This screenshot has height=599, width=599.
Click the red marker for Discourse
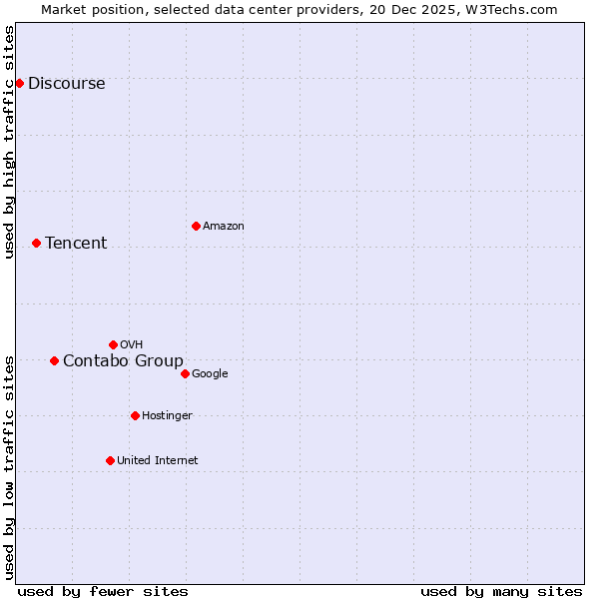(x=19, y=83)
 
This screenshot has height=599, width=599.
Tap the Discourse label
(x=66, y=84)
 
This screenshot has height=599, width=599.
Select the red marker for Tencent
(x=36, y=243)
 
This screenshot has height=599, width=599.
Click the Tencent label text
(x=76, y=244)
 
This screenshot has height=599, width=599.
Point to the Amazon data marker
(x=196, y=226)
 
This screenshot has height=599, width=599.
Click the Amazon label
(x=224, y=227)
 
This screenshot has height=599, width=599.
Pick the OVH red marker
(x=113, y=344)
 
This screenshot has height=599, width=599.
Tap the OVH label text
(x=131, y=345)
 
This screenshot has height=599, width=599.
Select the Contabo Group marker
(x=54, y=360)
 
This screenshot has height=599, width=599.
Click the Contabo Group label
(x=123, y=361)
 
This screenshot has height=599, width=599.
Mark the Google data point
(x=185, y=373)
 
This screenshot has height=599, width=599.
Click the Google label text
(x=210, y=374)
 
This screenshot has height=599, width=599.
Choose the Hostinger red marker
(x=135, y=415)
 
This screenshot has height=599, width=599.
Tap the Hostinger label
(x=167, y=416)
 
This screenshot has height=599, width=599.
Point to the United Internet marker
(x=110, y=460)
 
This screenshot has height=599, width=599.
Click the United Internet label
(x=158, y=461)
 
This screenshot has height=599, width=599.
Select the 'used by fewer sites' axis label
(x=103, y=591)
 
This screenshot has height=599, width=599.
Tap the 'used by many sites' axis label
(x=501, y=591)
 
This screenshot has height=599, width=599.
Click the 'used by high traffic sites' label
(x=10, y=142)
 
